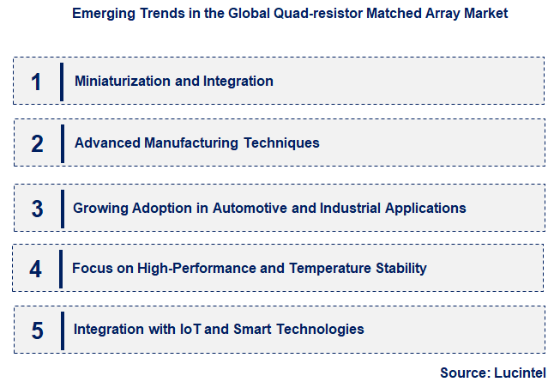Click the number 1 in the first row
tap(36, 82)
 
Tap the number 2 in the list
tap(37, 143)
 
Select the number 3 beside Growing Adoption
tap(37, 209)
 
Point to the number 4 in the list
tap(35, 269)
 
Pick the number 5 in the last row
tap(37, 330)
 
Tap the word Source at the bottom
tap(464, 373)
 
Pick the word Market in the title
tap(485, 14)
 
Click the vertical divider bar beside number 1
tap(62, 82)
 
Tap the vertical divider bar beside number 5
tap(62, 330)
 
